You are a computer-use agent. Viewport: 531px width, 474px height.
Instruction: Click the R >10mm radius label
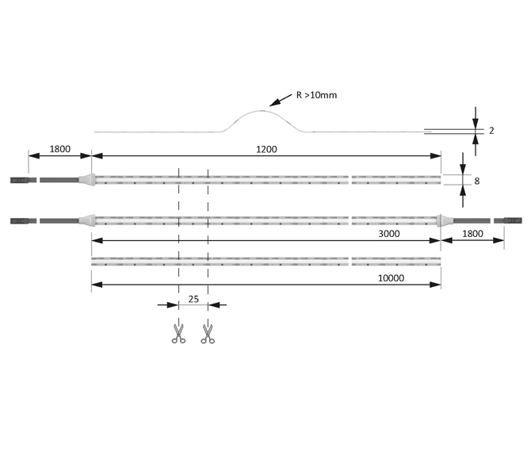tap(316, 95)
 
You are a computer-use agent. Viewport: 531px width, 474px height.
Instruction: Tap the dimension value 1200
tap(266, 149)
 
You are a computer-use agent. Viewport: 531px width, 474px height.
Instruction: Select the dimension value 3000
tap(388, 234)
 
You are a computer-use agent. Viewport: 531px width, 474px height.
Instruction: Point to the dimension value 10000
tap(392, 278)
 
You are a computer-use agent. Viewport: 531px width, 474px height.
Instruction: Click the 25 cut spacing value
tap(193, 300)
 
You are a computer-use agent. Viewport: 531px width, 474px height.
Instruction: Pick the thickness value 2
tap(491, 131)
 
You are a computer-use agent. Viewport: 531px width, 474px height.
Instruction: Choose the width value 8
tap(476, 181)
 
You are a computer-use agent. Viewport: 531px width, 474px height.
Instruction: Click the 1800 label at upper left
tap(60, 149)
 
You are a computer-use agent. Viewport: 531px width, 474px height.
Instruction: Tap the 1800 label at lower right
tap(473, 234)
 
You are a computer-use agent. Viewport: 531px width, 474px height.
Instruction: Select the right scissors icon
tap(208, 333)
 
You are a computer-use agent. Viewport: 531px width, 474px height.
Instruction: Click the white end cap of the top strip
tap(88, 180)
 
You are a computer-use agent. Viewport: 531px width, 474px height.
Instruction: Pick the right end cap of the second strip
tap(445, 220)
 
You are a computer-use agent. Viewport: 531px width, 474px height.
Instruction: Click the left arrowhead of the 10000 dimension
tap(95, 285)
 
